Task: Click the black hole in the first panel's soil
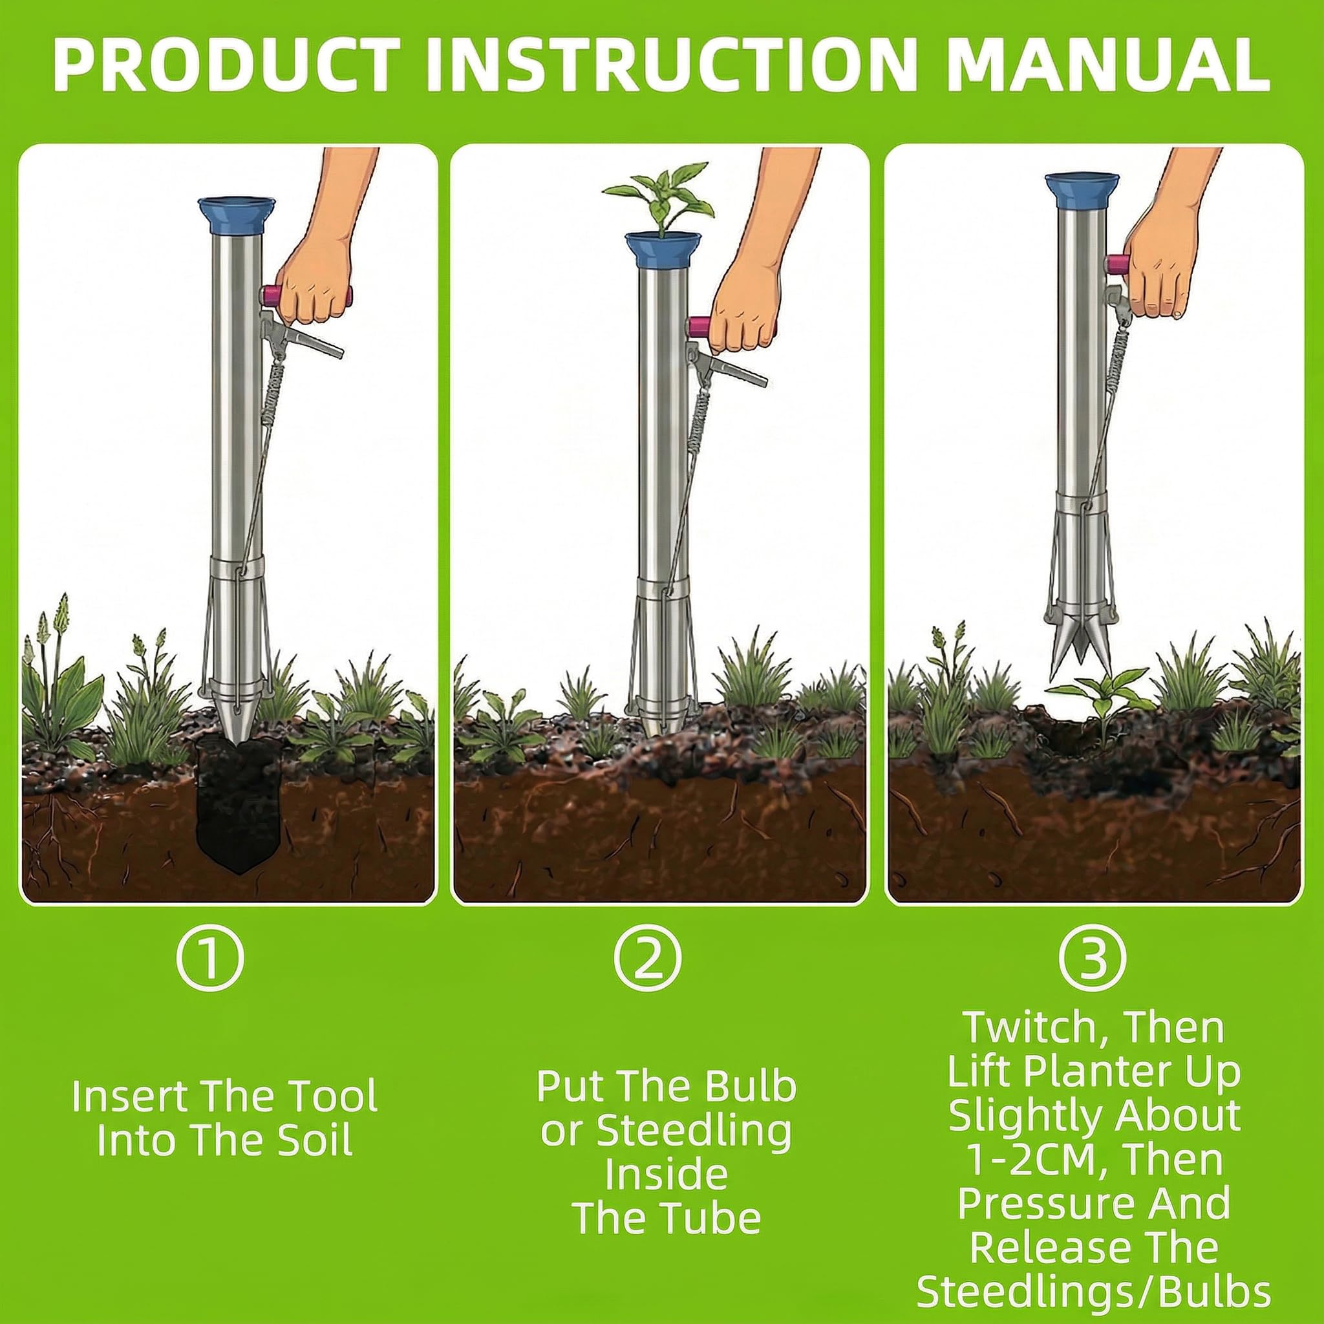click(237, 809)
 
